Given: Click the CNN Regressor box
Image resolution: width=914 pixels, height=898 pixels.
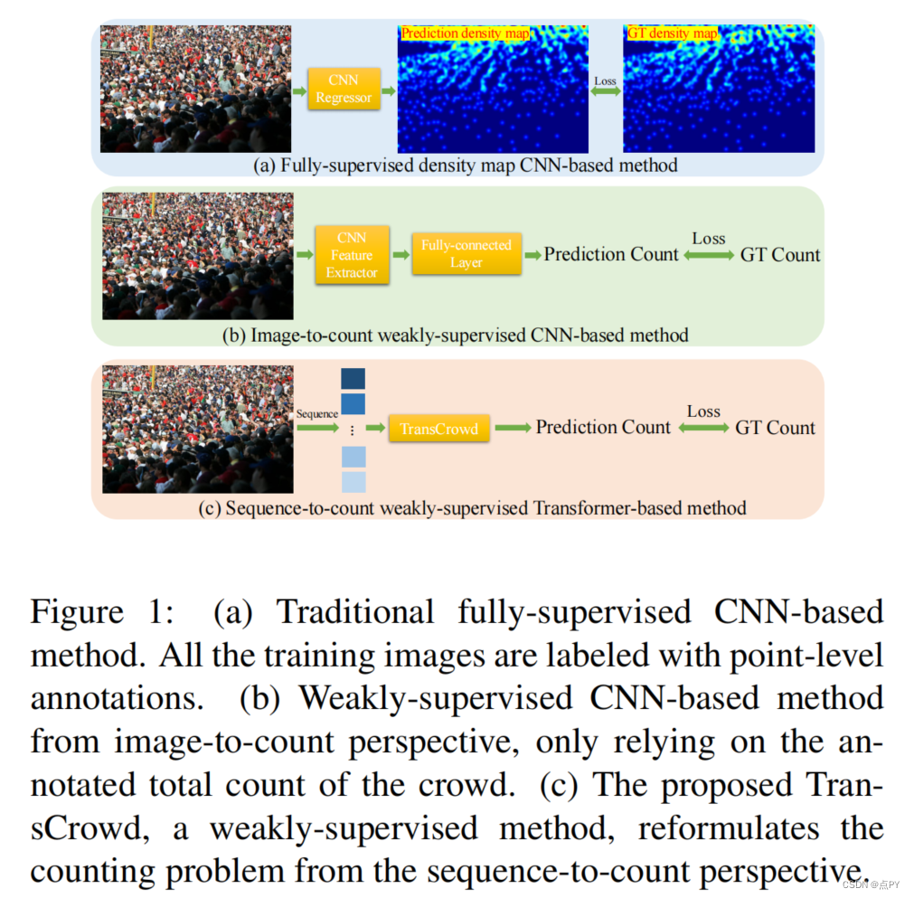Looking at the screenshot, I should coord(344,90).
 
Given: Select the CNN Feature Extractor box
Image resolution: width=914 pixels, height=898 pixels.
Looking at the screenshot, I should coord(352,255).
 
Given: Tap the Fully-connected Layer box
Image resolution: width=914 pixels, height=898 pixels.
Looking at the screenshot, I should coord(466,254).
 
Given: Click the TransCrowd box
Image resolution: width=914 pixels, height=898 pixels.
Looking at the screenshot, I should coord(438,429).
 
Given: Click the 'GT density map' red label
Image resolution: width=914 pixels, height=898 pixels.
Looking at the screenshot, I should coord(672,33).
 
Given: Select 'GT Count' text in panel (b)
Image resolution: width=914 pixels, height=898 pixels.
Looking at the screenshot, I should coord(780,255).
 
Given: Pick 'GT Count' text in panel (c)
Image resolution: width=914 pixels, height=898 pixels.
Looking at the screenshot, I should coord(775,428).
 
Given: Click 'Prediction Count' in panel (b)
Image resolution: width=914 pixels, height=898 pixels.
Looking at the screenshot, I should coord(611,255).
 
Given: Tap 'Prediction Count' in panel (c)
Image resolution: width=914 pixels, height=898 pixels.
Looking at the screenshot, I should coord(603,427).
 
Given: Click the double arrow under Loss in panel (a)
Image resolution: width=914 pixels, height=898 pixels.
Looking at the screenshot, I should coord(605,91).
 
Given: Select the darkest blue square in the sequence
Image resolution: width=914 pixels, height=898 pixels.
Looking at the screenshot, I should coord(353,378).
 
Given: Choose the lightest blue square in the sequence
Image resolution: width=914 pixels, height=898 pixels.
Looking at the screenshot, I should coord(353,482).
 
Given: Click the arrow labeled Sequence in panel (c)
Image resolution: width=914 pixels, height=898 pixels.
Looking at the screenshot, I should coord(316,428).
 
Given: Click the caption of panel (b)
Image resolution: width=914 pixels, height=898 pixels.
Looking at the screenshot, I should coord(455,336).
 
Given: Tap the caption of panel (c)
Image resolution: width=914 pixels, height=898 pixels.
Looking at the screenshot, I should coord(472,507).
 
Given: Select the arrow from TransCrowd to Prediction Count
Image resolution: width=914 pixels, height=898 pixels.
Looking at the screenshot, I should coord(513,428).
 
